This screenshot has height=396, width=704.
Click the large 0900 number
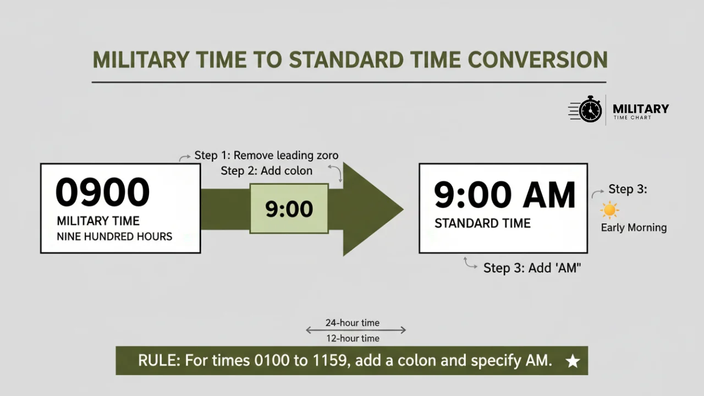pos(103,192)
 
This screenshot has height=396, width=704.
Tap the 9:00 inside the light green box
pos(289,209)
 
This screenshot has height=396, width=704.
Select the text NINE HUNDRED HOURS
pos(114,237)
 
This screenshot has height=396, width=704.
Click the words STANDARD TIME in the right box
pos(482,223)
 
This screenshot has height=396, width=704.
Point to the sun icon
pos(609,210)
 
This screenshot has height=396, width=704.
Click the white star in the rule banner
pos(573,361)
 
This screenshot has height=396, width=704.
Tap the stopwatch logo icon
pos(590,109)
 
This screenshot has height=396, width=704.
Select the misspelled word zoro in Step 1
pos(326,156)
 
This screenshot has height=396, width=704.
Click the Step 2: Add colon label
pos(266,171)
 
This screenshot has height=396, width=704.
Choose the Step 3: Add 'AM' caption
pos(532,268)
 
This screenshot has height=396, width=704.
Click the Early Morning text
pos(634,228)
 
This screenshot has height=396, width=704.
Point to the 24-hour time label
pos(352,323)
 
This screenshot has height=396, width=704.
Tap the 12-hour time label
pos(352,338)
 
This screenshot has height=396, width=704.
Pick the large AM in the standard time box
pos(548,195)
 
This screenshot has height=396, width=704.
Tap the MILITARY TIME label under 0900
pos(98,221)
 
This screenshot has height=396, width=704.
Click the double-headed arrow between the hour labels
pos(355,331)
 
